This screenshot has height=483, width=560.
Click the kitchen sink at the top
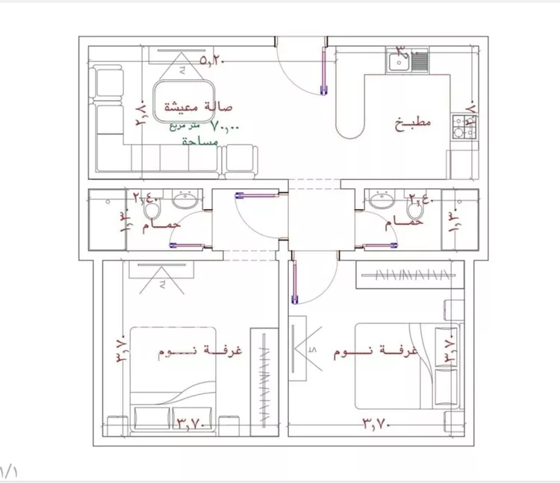[407, 60]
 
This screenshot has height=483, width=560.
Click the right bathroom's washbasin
[381, 199]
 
